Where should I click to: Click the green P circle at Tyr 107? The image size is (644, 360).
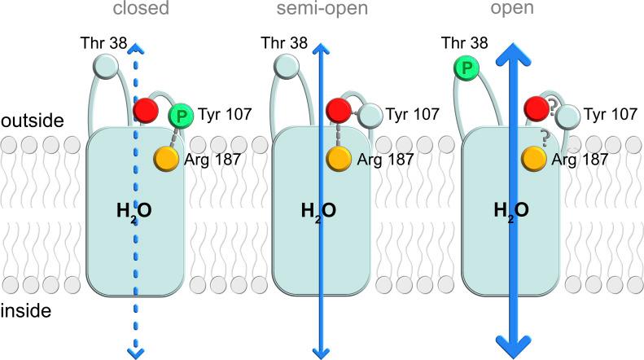[x=181, y=116]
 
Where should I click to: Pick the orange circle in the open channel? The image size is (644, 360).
[x=534, y=156]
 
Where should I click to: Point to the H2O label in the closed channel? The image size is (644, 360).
[x=133, y=213]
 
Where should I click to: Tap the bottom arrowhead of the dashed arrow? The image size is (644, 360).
[x=137, y=350]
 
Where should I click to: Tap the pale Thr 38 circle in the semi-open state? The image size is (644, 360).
[x=287, y=65]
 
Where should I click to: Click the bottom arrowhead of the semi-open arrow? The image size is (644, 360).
[x=322, y=351]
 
